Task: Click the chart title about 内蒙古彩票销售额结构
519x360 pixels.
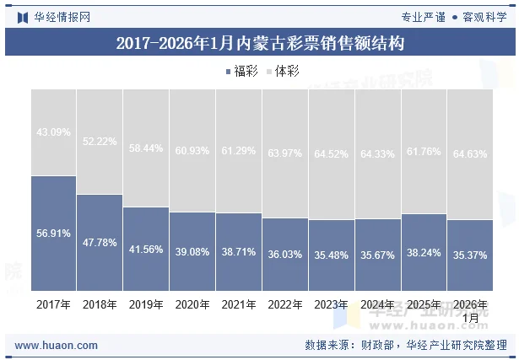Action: pyautogui.click(x=260, y=42)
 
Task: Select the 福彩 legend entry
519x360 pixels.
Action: pyautogui.click(x=243, y=72)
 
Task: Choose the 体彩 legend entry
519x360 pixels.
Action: pyautogui.click(x=283, y=72)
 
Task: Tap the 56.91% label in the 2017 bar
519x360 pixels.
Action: pyautogui.click(x=53, y=234)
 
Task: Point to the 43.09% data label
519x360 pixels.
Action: pyautogui.click(x=53, y=132)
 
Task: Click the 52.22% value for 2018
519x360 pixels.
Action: pyautogui.click(x=100, y=142)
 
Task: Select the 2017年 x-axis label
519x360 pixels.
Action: pyautogui.click(x=53, y=304)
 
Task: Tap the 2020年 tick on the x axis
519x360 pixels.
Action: pyautogui.click(x=192, y=304)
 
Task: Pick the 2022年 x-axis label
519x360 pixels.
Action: pyautogui.click(x=285, y=304)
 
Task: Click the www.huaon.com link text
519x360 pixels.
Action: pyautogui.click(x=57, y=346)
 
